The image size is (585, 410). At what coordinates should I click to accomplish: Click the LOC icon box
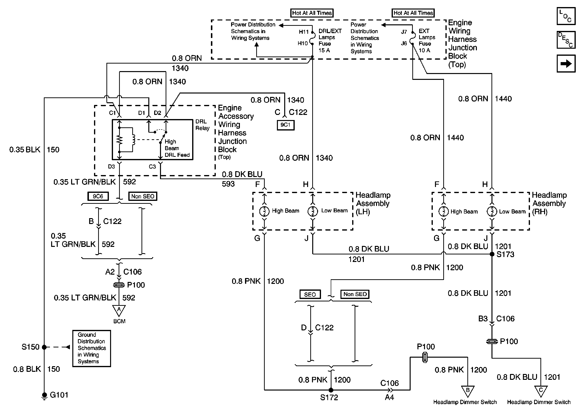566,16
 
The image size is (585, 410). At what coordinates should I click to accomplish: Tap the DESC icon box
566,40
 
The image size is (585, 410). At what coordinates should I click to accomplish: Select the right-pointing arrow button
566,63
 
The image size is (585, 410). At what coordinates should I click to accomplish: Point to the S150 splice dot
44,347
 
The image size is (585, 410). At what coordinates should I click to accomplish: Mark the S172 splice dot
331,390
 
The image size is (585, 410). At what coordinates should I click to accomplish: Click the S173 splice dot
492,254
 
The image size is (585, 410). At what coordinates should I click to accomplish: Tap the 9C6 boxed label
98,196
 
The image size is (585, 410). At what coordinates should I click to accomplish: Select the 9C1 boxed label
286,125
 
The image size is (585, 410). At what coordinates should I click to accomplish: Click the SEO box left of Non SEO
310,294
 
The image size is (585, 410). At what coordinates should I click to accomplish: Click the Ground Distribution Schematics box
92,348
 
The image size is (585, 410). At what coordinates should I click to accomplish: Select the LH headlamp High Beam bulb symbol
264,211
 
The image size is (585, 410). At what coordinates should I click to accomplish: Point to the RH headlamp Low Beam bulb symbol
492,211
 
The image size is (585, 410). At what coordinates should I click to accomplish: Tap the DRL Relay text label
202,125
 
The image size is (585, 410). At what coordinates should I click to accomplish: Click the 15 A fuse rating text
324,50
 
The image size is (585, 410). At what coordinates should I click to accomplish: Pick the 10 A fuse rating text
424,50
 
